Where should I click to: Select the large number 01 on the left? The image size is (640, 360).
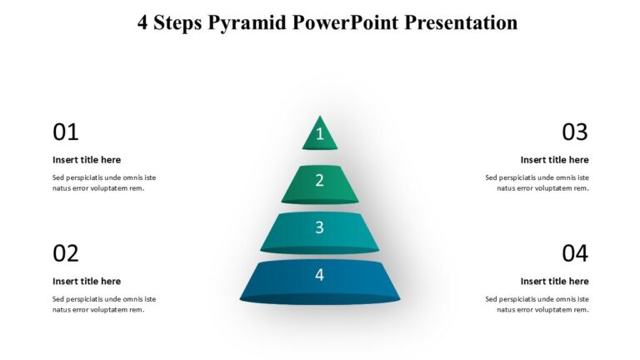(66, 132)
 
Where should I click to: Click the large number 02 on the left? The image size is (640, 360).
(66, 253)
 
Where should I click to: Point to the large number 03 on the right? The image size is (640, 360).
(574, 132)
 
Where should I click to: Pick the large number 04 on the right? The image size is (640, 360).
(574, 253)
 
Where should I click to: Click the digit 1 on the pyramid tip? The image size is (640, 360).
(319, 134)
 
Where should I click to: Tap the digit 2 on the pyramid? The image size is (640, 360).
(319, 180)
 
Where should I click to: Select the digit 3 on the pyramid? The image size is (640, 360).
(319, 227)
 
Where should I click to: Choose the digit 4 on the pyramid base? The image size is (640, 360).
(319, 274)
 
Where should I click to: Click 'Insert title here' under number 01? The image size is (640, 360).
(87, 160)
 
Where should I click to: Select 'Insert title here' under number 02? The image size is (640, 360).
(87, 282)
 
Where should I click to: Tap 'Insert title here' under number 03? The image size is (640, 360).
(554, 160)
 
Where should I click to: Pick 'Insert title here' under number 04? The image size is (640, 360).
(554, 282)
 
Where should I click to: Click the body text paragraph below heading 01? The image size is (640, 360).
(103, 182)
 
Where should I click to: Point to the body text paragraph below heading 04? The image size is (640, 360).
(537, 304)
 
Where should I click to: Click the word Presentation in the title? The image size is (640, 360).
(461, 22)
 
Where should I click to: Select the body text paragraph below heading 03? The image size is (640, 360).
(537, 182)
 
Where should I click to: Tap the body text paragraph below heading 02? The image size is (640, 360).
(103, 304)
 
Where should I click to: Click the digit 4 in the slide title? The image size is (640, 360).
(143, 22)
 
